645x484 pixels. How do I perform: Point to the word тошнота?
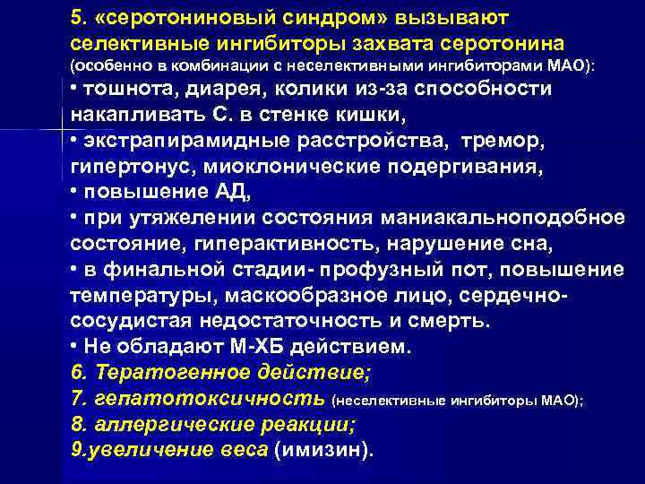(x=122, y=90)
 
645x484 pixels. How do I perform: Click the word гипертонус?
(x=121, y=168)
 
